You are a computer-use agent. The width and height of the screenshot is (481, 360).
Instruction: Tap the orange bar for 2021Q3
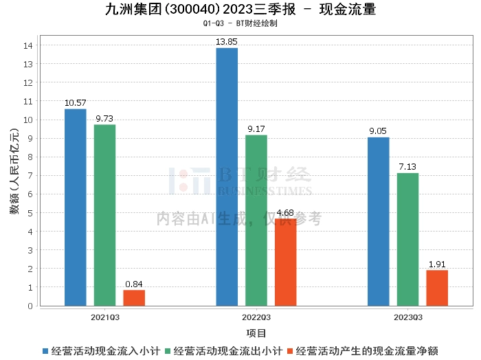134,298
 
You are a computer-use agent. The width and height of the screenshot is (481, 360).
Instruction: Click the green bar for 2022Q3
256,221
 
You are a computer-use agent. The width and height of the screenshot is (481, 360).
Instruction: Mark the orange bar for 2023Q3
437,288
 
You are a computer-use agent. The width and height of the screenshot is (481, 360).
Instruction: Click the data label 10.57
76,103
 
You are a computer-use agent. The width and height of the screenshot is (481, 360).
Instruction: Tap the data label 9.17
256,129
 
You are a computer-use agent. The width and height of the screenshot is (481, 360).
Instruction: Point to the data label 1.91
437,265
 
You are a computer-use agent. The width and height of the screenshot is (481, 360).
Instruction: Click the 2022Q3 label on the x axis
256,317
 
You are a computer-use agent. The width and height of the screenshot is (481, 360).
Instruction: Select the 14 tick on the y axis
28,45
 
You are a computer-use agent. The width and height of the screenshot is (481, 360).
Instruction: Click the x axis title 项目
256,333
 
